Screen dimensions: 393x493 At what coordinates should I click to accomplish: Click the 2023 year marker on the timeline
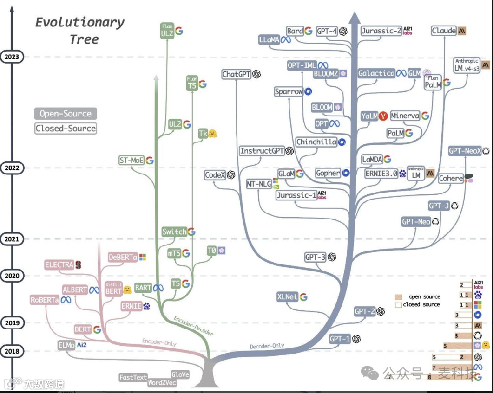[12, 57]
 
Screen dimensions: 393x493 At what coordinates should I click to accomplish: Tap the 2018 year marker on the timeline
[12, 351]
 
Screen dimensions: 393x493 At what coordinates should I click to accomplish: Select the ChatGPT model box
[237, 74]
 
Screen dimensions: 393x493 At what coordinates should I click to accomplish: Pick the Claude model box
[444, 31]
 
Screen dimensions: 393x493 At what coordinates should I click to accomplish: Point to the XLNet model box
[288, 296]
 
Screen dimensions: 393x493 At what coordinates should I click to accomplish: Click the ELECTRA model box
[59, 265]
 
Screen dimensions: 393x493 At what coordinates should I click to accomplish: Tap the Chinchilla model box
[316, 142]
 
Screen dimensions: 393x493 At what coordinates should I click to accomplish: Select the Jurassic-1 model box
[296, 195]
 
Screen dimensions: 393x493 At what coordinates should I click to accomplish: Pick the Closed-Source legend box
[66, 129]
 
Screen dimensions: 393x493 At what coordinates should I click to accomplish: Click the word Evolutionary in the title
[80, 22]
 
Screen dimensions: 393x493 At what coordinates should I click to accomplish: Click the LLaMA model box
[270, 40]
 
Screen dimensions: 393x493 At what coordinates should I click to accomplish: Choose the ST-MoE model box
[131, 161]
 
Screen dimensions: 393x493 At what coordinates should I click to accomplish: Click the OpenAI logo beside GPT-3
[332, 257]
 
